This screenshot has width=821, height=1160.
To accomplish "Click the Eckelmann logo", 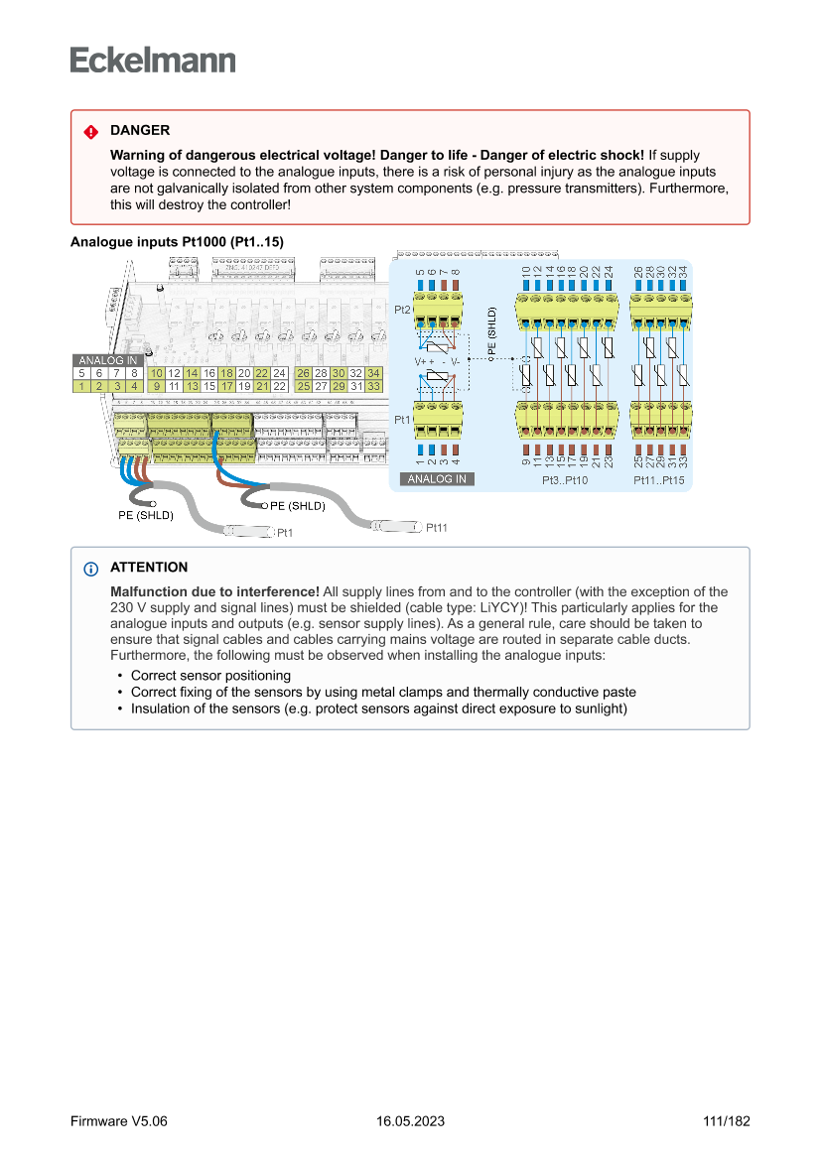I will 153,60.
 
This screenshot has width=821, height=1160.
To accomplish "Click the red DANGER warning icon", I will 90,131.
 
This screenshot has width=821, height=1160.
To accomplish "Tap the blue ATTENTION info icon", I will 90,569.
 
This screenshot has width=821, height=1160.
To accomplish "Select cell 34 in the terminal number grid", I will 373,373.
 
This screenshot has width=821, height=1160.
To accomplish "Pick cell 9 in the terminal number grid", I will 157,386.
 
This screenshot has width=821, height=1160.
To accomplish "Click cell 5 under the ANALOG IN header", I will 81,373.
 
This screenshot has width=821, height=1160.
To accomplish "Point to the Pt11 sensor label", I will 437,528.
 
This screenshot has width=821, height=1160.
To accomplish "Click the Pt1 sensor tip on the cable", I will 248,532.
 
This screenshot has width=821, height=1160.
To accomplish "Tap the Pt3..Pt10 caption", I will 565,480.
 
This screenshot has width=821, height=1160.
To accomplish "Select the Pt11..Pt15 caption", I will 659,480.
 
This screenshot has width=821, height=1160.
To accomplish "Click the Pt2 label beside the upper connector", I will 402,311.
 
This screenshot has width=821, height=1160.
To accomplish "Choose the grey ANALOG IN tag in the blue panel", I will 438,479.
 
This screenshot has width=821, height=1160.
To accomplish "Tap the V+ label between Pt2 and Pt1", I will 421,362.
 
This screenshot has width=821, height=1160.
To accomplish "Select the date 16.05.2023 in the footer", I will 410,1121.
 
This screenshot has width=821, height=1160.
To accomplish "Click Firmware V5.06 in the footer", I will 119,1121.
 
